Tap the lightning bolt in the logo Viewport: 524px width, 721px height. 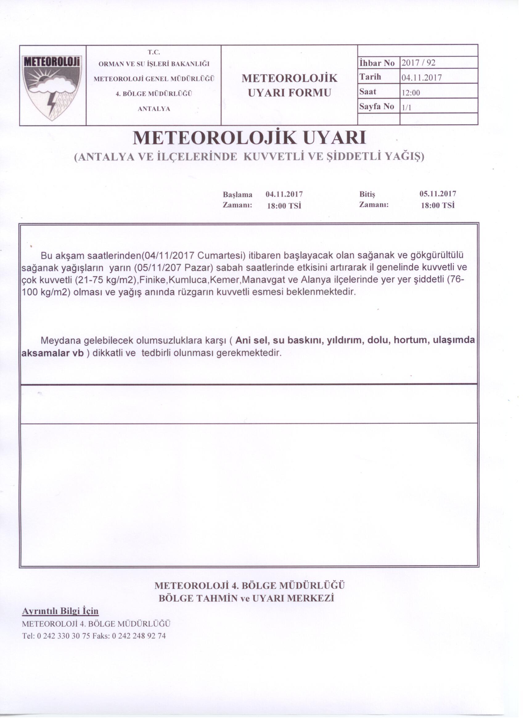coord(50,102)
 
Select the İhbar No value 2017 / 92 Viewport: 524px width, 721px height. coord(418,63)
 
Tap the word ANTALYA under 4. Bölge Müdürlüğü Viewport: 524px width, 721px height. coord(154,109)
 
